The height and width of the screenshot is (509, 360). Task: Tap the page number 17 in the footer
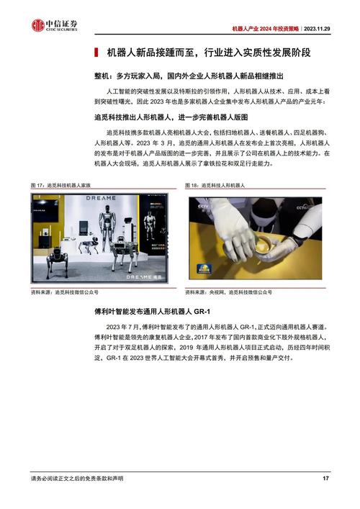325,479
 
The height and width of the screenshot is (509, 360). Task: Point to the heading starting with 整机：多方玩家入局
179,76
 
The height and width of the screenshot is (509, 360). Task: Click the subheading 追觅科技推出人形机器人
176,116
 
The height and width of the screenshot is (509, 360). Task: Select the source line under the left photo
65,292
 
